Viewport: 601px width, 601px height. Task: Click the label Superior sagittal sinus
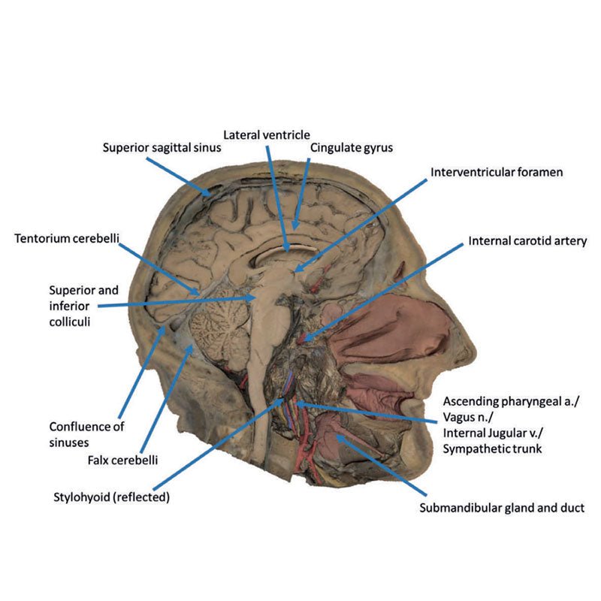[162, 148]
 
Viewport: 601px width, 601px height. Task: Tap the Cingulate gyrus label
[351, 148]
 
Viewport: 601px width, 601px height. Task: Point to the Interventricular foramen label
[497, 172]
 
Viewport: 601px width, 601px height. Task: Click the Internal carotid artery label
[527, 242]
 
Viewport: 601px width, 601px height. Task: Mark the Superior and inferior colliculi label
[83, 307]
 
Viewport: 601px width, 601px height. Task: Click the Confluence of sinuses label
[86, 433]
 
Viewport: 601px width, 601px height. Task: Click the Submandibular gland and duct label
[502, 508]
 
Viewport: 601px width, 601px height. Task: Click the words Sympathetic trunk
[493, 449]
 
